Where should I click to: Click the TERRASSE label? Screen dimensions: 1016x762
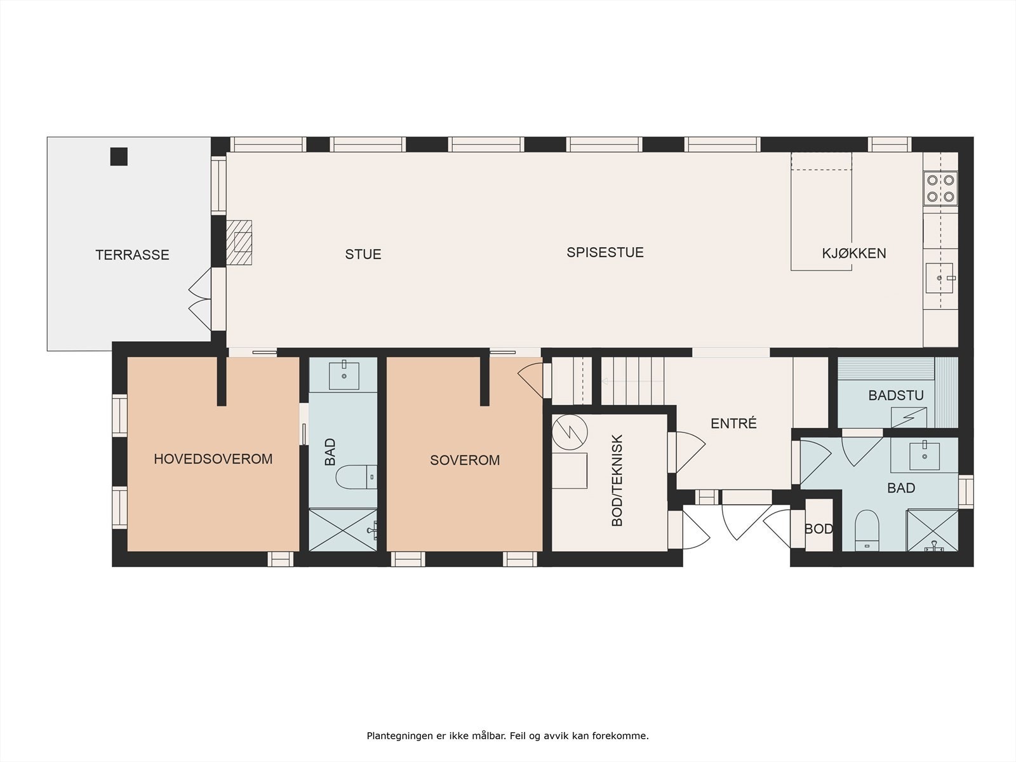click(x=132, y=255)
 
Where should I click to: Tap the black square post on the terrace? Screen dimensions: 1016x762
click(x=119, y=156)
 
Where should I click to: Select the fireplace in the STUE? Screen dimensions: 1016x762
click(x=239, y=243)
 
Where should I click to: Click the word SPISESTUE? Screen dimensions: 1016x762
click(x=605, y=253)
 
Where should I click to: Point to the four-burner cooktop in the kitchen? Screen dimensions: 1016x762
click(x=940, y=189)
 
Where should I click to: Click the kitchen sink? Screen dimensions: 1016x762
click(x=940, y=278)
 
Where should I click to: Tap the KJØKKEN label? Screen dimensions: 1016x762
click(x=854, y=253)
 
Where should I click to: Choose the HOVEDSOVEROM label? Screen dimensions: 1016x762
click(x=213, y=459)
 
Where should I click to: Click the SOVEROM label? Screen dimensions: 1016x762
click(x=465, y=460)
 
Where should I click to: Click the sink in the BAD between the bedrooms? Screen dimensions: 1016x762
click(x=344, y=376)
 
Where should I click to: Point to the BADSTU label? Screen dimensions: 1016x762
click(x=895, y=396)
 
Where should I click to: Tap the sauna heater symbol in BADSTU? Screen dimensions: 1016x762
click(x=909, y=417)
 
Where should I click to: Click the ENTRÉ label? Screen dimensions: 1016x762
click(x=733, y=424)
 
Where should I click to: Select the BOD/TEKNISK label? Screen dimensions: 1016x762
click(x=617, y=480)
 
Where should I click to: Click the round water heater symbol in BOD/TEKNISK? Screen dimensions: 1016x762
click(x=570, y=432)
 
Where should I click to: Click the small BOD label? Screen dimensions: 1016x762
click(x=819, y=529)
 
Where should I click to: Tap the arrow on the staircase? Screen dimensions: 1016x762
click(x=632, y=381)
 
